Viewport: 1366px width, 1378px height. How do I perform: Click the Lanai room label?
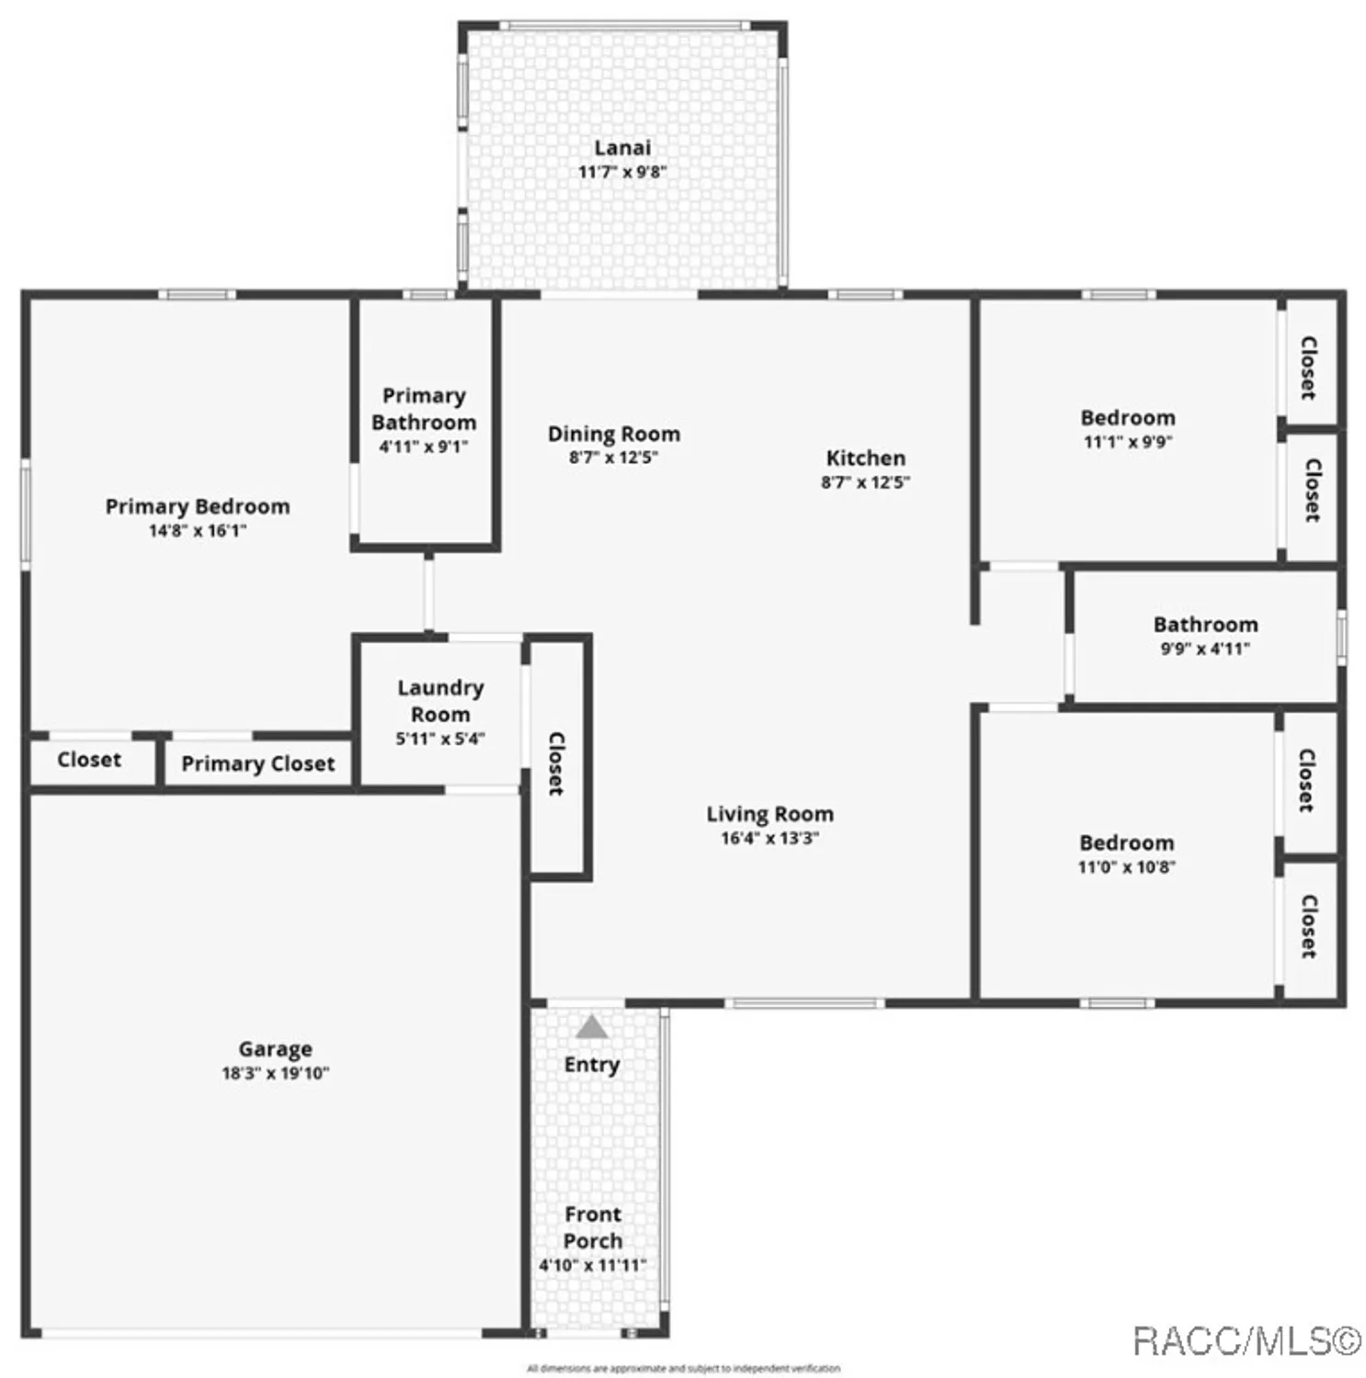tap(622, 148)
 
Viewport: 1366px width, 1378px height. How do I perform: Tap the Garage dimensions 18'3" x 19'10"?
tap(275, 1073)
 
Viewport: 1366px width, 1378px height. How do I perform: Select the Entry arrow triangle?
tap(592, 1027)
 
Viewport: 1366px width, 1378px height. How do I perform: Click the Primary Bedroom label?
tap(198, 506)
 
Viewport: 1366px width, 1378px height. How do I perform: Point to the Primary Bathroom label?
tap(424, 409)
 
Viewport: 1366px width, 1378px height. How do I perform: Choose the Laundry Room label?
tap(440, 701)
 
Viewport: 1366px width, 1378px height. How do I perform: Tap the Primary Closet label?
tap(257, 763)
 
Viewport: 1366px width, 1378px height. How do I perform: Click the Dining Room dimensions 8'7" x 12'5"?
tap(613, 457)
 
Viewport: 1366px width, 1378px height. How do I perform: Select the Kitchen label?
tap(865, 457)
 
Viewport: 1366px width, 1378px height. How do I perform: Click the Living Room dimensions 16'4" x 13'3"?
tap(769, 838)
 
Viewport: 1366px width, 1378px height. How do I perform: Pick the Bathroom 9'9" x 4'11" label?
tap(1205, 625)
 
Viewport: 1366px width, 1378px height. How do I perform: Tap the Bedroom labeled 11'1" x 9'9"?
tap(1127, 418)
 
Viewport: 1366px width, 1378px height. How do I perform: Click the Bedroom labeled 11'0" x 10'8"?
tap(1126, 843)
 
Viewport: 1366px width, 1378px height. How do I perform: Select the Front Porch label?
tap(593, 1227)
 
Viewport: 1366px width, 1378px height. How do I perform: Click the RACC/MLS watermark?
tap(1246, 1341)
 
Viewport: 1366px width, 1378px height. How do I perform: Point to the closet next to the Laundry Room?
tap(557, 762)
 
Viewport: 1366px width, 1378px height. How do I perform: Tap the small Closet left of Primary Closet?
tap(89, 760)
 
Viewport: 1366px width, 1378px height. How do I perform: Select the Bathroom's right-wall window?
tap(1341, 637)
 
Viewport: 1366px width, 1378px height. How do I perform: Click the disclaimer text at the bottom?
tap(683, 1369)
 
